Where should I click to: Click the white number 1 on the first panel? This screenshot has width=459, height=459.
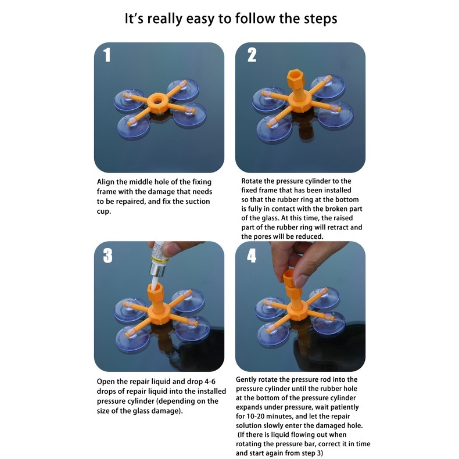[107, 55]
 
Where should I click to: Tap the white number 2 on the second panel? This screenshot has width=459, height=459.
[252, 55]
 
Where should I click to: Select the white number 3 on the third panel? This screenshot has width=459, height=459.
[107, 256]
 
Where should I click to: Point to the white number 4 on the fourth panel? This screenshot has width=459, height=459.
[252, 256]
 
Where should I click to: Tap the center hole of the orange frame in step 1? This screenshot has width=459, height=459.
[158, 101]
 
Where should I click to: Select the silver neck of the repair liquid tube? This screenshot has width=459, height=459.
[158, 270]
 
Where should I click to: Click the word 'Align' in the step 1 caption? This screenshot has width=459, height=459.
[106, 182]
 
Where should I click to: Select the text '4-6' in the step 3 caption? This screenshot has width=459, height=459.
[210, 381]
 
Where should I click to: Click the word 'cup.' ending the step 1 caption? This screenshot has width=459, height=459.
[104, 211]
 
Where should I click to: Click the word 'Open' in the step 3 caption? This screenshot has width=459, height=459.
[106, 382]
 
